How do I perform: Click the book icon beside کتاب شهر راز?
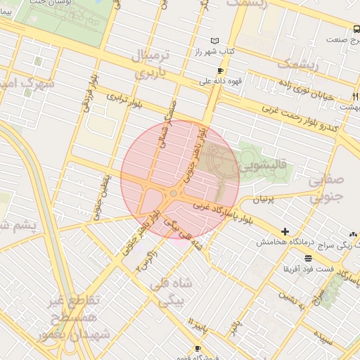(214, 41)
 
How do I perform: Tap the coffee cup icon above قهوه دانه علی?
(220, 71)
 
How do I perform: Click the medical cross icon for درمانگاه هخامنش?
(285, 231)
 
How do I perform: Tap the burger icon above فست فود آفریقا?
(308, 259)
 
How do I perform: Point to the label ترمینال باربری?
(145, 63)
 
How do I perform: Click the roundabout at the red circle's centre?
(173, 193)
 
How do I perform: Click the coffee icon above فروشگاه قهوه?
(198, 348)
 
